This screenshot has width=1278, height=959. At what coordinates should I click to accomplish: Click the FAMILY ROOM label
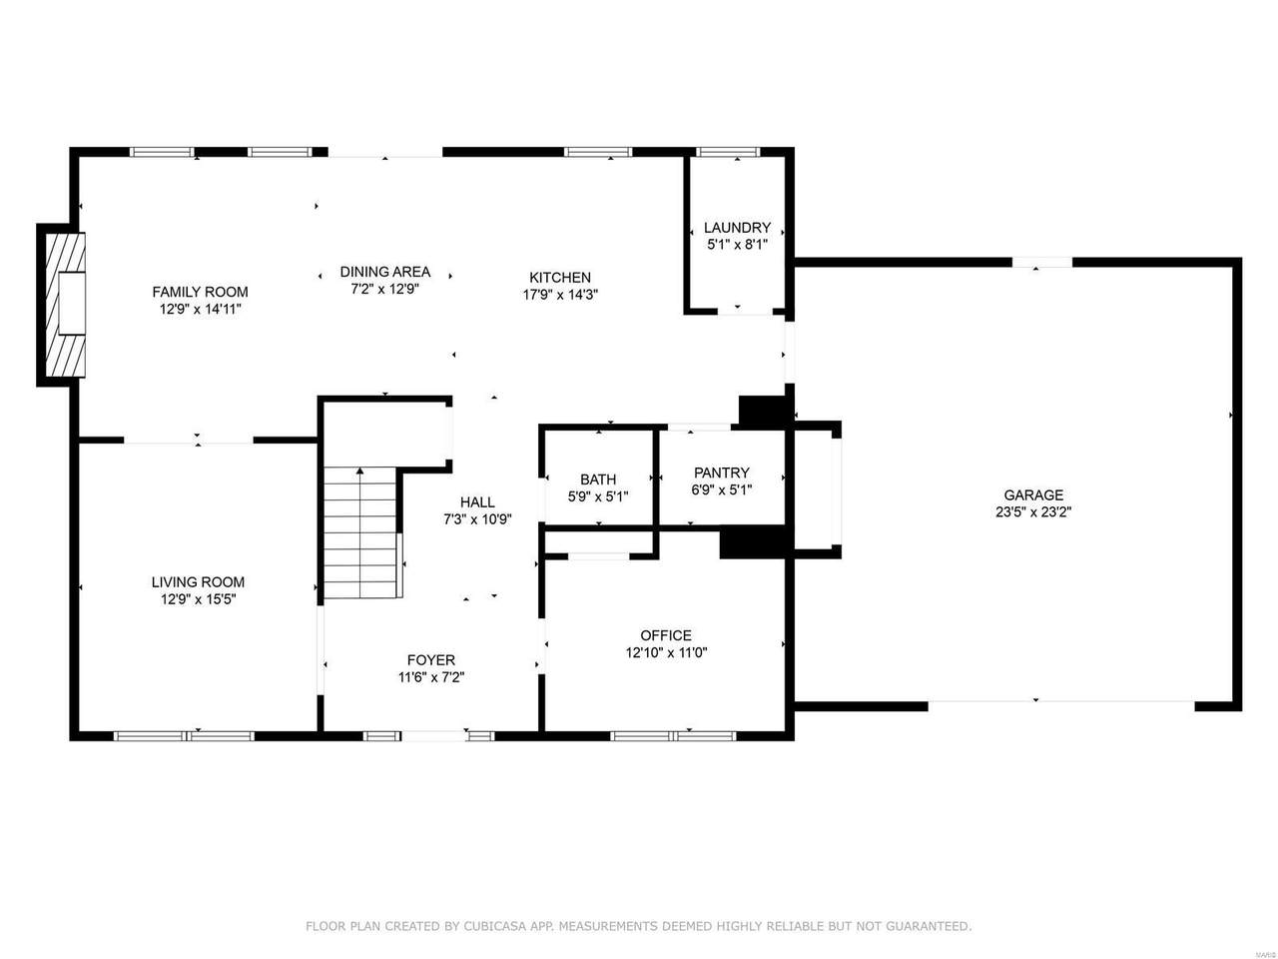coord(200,292)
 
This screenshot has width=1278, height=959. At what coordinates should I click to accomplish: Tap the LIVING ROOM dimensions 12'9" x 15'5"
coord(198,599)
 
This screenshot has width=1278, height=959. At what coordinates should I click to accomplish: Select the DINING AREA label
coord(384,272)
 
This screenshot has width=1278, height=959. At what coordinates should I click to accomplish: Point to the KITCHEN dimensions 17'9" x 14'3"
coord(560,295)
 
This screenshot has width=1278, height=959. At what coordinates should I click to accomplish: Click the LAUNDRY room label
coord(737,227)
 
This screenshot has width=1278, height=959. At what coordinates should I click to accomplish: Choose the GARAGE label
coord(1033,494)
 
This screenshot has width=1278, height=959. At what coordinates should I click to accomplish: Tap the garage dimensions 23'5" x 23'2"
coord(1033,512)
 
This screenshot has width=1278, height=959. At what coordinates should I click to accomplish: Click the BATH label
coord(598,479)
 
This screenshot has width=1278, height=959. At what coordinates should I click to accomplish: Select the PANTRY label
coord(722,473)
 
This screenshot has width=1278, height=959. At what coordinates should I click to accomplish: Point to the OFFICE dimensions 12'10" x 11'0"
coord(666,652)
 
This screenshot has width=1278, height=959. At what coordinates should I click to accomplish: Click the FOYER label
coord(431,659)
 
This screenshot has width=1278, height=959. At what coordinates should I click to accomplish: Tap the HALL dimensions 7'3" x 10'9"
coord(477,519)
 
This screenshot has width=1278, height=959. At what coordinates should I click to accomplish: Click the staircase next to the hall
coord(359,532)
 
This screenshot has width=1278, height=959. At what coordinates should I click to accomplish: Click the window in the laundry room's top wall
coord(728,152)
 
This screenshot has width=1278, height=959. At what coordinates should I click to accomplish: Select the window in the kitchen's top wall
coord(598,152)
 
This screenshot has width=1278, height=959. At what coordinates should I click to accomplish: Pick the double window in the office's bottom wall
coord(673,736)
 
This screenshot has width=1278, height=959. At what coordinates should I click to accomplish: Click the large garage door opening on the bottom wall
coord(1060,706)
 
